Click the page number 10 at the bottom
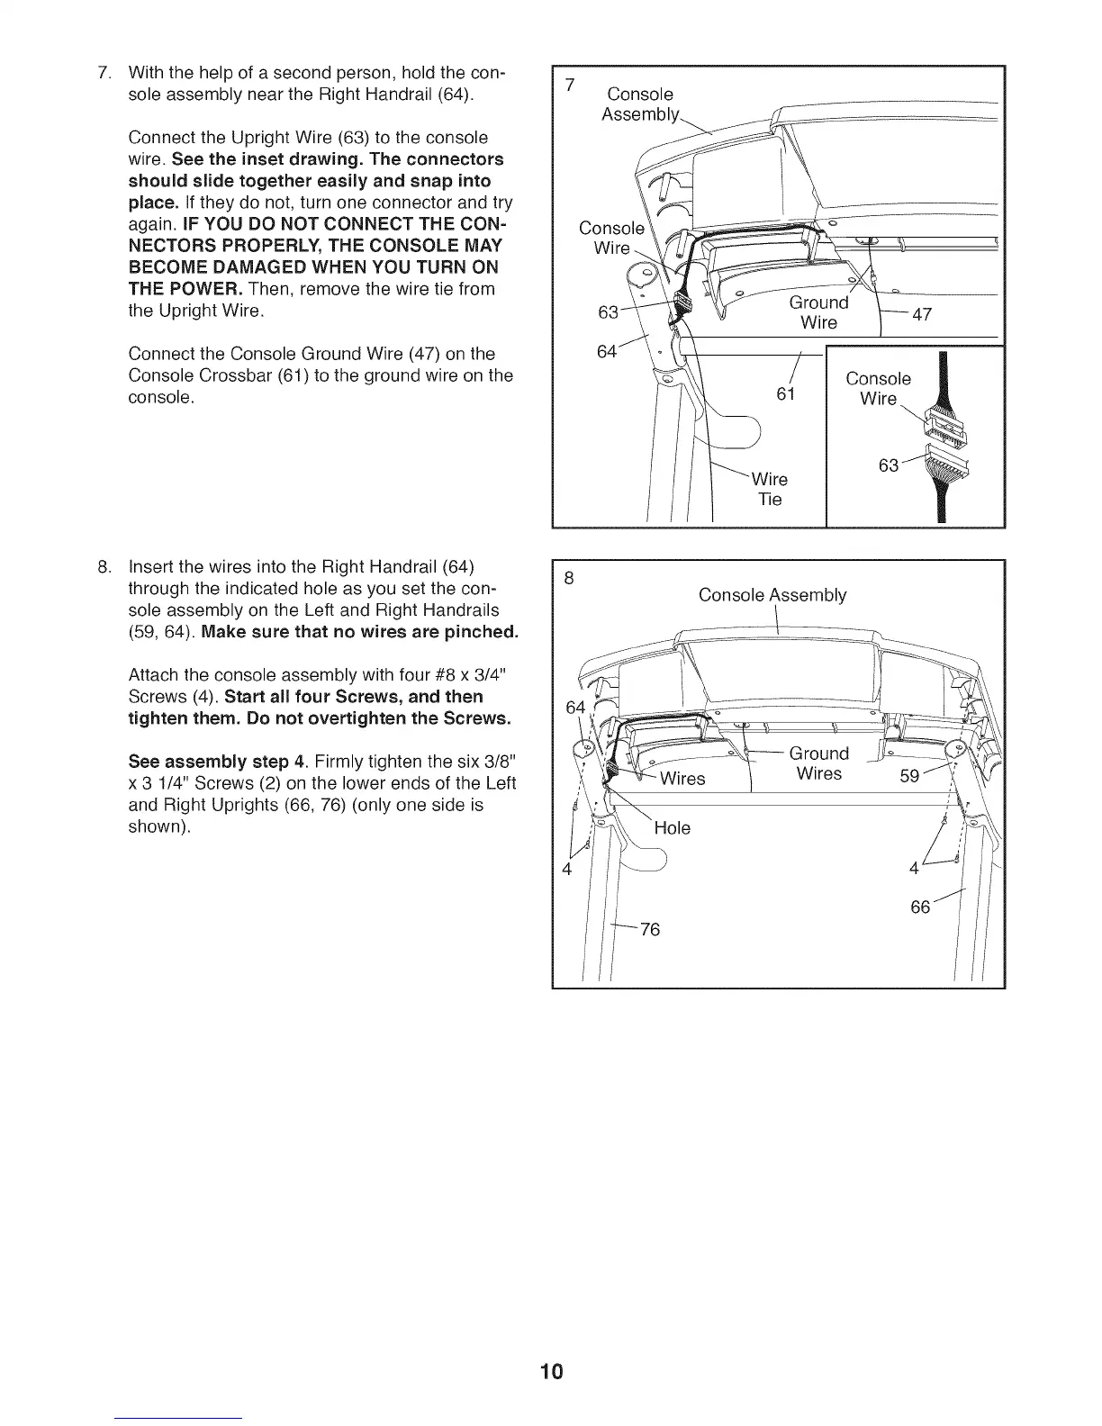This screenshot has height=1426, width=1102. pyautogui.click(x=551, y=1372)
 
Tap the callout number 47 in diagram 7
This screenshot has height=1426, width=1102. pyautogui.click(x=922, y=314)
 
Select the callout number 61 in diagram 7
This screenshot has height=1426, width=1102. pyautogui.click(x=786, y=394)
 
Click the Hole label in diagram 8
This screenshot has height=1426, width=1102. pyautogui.click(x=672, y=828)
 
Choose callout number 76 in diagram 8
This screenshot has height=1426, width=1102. pyautogui.click(x=650, y=929)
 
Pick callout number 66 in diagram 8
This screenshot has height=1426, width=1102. pyautogui.click(x=920, y=907)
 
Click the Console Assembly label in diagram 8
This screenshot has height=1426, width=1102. pyautogui.click(x=772, y=595)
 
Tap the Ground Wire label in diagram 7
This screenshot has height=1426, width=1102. pyautogui.click(x=818, y=312)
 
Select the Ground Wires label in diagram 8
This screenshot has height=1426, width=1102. pyautogui.click(x=818, y=763)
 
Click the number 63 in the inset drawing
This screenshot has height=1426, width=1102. pyautogui.click(x=889, y=465)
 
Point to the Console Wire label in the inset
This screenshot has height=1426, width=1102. pyautogui.click(x=878, y=389)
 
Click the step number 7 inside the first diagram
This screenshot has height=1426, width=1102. pyautogui.click(x=569, y=86)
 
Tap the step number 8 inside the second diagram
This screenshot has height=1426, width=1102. pyautogui.click(x=568, y=580)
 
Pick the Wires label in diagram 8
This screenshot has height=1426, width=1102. pyautogui.click(x=682, y=778)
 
